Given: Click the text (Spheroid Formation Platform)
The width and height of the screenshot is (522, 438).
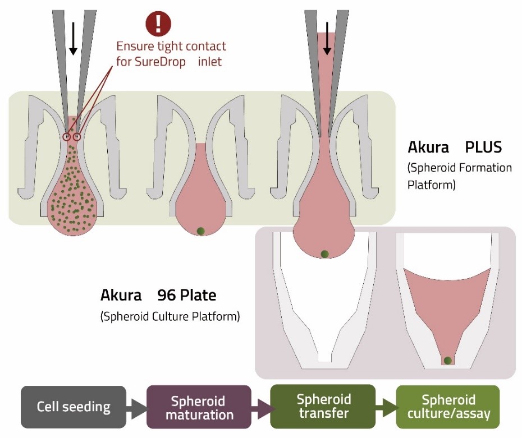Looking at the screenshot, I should point(460,176).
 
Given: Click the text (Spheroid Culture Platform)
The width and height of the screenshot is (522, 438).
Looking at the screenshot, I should point(170,316).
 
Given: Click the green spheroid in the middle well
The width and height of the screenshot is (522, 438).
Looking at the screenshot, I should point(200,230).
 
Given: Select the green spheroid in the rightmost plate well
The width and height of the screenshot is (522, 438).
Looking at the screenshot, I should point(447,361).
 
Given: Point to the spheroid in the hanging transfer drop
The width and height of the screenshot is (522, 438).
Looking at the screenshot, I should point(324,254).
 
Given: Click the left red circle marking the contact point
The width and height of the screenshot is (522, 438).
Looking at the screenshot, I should point(67,137).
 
